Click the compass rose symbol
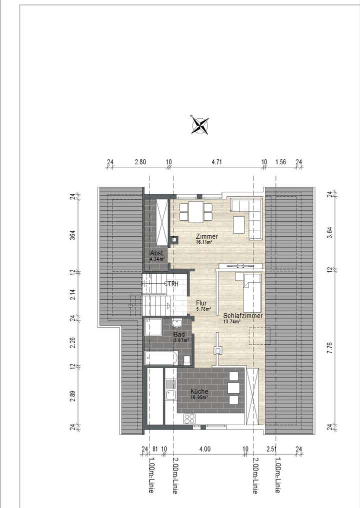coord(200,125)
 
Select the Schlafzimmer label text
coord(243,316)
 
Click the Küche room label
coord(199,392)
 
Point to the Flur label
coord(201,303)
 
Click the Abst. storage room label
coord(156,254)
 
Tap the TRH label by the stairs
coord(173,284)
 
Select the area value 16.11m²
coord(204,242)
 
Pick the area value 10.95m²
coord(199,398)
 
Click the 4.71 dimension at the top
coord(216,162)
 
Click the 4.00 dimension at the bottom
coord(205,450)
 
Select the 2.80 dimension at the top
coord(140,162)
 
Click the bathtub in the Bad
coord(160,358)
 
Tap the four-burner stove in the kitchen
coord(190,419)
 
